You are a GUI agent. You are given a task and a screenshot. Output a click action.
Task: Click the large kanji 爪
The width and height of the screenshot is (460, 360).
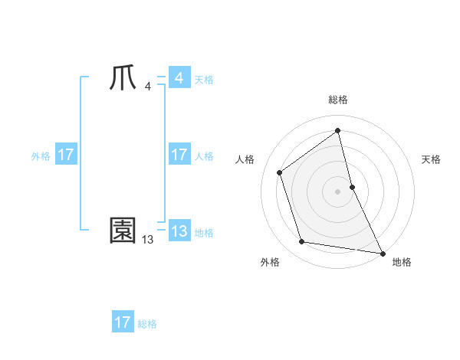[x=123, y=79]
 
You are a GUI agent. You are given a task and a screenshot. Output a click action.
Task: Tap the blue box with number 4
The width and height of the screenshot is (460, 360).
[x=179, y=78]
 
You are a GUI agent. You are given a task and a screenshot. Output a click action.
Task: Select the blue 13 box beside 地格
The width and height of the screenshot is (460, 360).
[x=179, y=231]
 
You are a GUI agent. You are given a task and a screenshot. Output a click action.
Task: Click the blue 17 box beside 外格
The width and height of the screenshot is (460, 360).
[x=66, y=155]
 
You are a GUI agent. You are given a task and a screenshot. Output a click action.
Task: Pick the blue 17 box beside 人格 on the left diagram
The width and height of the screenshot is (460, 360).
[x=179, y=155]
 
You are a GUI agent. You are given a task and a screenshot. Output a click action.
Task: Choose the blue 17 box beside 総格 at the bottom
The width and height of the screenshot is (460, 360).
[x=123, y=322]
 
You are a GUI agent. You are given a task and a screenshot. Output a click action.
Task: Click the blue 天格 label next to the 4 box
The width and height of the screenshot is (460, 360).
[x=204, y=80]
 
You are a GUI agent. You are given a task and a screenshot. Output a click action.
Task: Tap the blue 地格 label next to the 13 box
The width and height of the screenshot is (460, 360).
[x=204, y=233]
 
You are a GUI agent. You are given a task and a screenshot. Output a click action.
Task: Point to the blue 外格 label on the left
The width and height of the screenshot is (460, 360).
[x=41, y=156]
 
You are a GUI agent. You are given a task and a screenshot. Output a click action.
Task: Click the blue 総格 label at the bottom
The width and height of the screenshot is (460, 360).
[x=147, y=324]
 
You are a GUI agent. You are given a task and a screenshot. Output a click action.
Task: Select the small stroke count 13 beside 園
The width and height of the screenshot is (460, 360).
[x=147, y=240]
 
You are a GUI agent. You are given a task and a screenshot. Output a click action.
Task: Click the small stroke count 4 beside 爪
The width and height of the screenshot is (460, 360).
[x=147, y=87]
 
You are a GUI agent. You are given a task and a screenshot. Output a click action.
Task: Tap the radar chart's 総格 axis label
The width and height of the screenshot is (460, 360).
[x=338, y=100]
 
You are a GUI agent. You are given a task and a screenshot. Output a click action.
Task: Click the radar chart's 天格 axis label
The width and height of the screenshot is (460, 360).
[x=432, y=159]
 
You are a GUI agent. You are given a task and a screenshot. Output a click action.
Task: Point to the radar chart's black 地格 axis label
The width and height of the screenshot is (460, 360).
[x=402, y=262]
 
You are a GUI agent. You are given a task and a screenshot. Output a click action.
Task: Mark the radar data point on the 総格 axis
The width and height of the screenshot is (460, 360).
[x=338, y=131]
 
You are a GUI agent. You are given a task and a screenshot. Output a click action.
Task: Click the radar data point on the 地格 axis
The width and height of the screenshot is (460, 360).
[x=383, y=253]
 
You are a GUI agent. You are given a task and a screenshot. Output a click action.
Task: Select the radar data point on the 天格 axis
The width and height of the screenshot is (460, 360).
[x=352, y=186]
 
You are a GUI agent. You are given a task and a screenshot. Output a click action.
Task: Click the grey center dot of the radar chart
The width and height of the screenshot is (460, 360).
[x=338, y=191]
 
